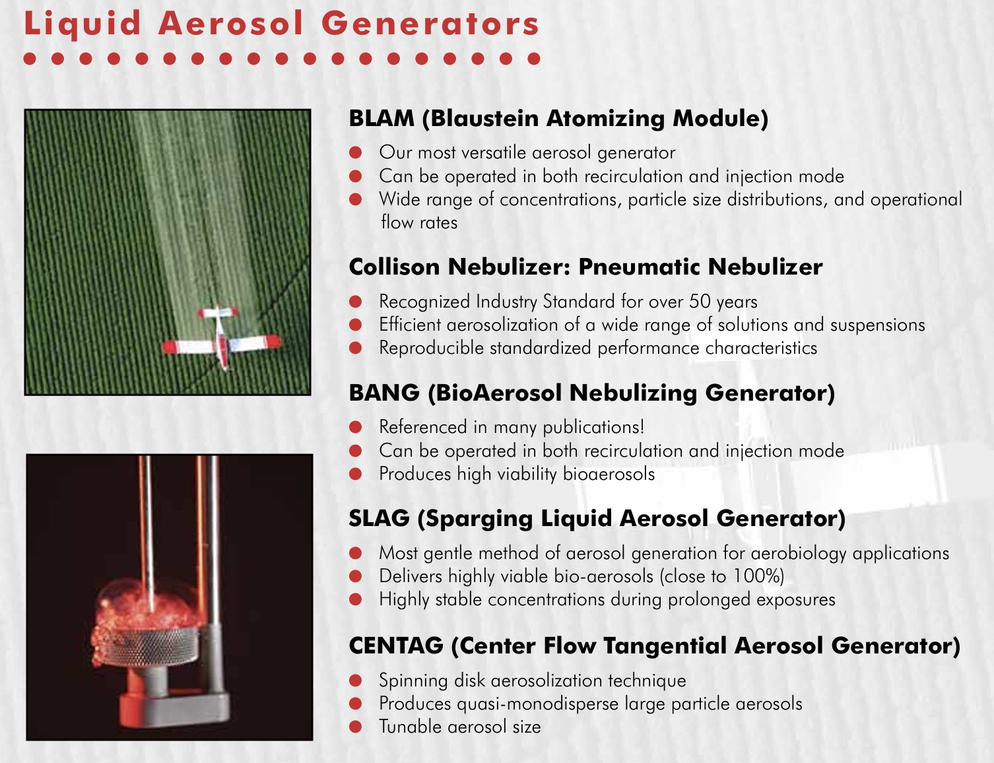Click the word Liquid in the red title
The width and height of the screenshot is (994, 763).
83,24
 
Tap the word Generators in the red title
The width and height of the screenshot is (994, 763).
430,24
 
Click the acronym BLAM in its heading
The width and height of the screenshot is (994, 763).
381,118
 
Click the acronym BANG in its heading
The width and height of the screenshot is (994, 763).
384,393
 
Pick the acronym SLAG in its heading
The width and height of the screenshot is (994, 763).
380,518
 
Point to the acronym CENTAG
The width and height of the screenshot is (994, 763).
396,646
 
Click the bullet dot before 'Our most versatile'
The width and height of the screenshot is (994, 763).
356,152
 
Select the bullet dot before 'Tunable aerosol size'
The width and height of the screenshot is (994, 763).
356,727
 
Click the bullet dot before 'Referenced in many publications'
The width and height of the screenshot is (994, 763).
356,427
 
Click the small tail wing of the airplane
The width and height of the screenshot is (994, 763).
218,313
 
